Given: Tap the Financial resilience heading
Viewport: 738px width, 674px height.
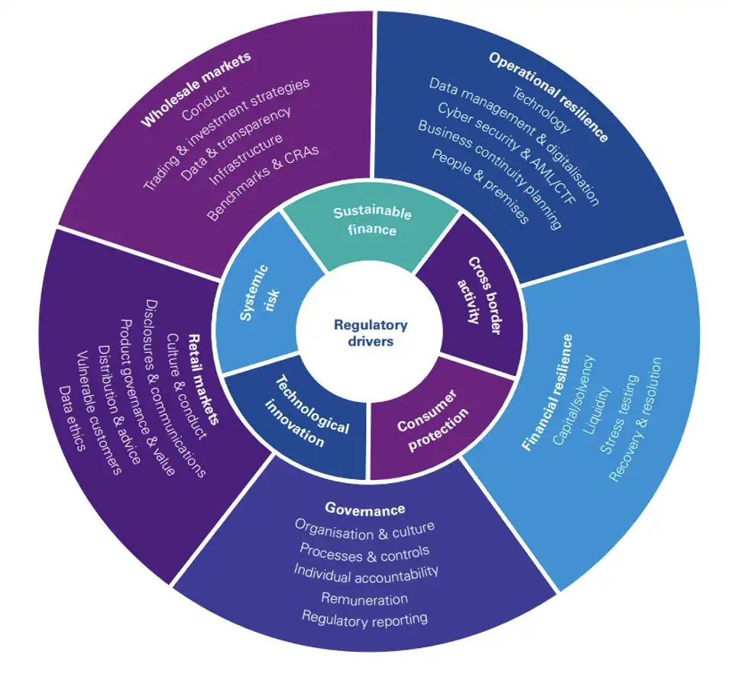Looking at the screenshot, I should [x=545, y=391].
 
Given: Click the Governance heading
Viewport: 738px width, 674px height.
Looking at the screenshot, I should [x=364, y=508].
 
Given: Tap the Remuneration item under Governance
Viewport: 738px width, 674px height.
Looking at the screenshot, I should [x=364, y=598].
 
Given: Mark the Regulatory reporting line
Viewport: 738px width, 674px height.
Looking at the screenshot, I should [x=364, y=617].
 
